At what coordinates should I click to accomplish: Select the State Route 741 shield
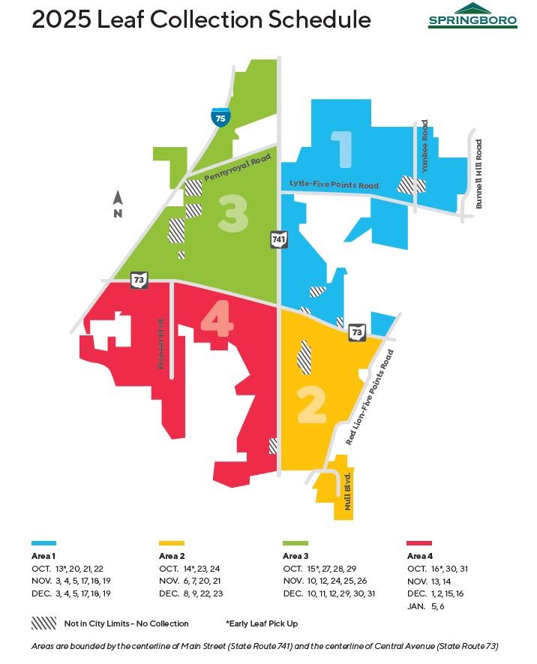278,239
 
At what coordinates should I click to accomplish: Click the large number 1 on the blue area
343,149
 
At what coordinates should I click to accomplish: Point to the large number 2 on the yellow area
311,406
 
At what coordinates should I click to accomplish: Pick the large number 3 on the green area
232,214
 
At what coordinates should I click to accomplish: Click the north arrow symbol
118,204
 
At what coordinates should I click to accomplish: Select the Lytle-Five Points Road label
334,185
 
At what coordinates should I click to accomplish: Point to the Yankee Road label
424,146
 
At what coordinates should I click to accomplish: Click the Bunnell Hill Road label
479,173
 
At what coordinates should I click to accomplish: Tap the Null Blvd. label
348,491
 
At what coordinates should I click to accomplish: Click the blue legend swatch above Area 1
43,542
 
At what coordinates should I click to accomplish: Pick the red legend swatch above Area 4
418,542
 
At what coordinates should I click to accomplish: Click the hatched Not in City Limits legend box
43,623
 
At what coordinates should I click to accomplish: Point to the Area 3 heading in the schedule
295,556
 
